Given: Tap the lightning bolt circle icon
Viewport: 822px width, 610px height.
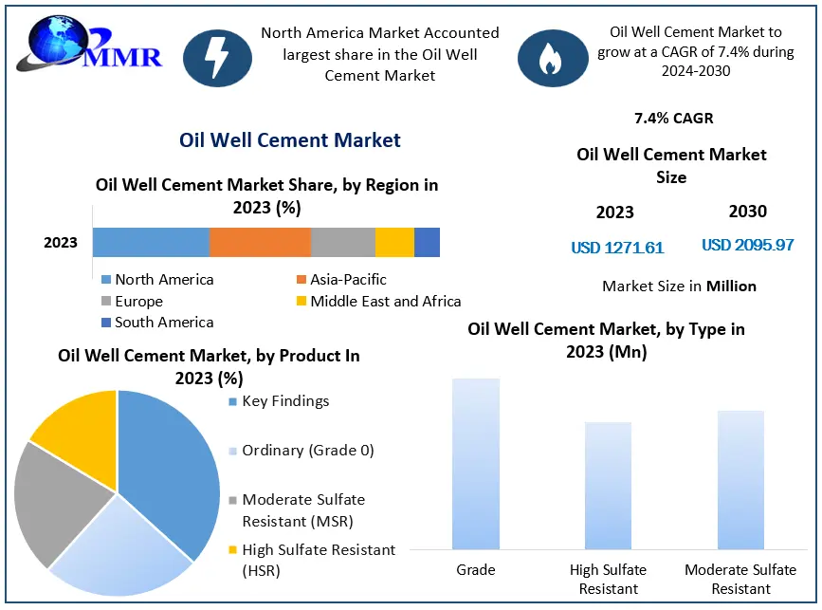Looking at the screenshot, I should click(x=217, y=58).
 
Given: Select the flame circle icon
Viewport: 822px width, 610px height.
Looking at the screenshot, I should click(x=552, y=58).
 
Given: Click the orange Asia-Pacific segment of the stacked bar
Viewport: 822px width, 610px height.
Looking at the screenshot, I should click(x=260, y=243).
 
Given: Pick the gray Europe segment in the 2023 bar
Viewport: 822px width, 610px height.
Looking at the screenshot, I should click(x=343, y=243).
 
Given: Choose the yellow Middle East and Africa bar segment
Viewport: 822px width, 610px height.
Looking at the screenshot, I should click(x=394, y=243).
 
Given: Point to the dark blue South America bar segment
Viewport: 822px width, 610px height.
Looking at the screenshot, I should click(x=427, y=243).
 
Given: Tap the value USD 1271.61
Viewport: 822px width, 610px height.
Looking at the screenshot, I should click(x=617, y=249).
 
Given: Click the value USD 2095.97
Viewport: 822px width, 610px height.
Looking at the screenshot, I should click(x=747, y=246).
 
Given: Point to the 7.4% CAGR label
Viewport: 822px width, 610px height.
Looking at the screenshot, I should click(x=673, y=119).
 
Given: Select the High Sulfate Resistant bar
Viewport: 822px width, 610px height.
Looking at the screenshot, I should click(x=608, y=485).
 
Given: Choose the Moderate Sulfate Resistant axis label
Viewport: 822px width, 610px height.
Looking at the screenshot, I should click(x=740, y=579).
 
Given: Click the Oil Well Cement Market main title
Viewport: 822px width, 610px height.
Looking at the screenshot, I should click(x=290, y=140).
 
